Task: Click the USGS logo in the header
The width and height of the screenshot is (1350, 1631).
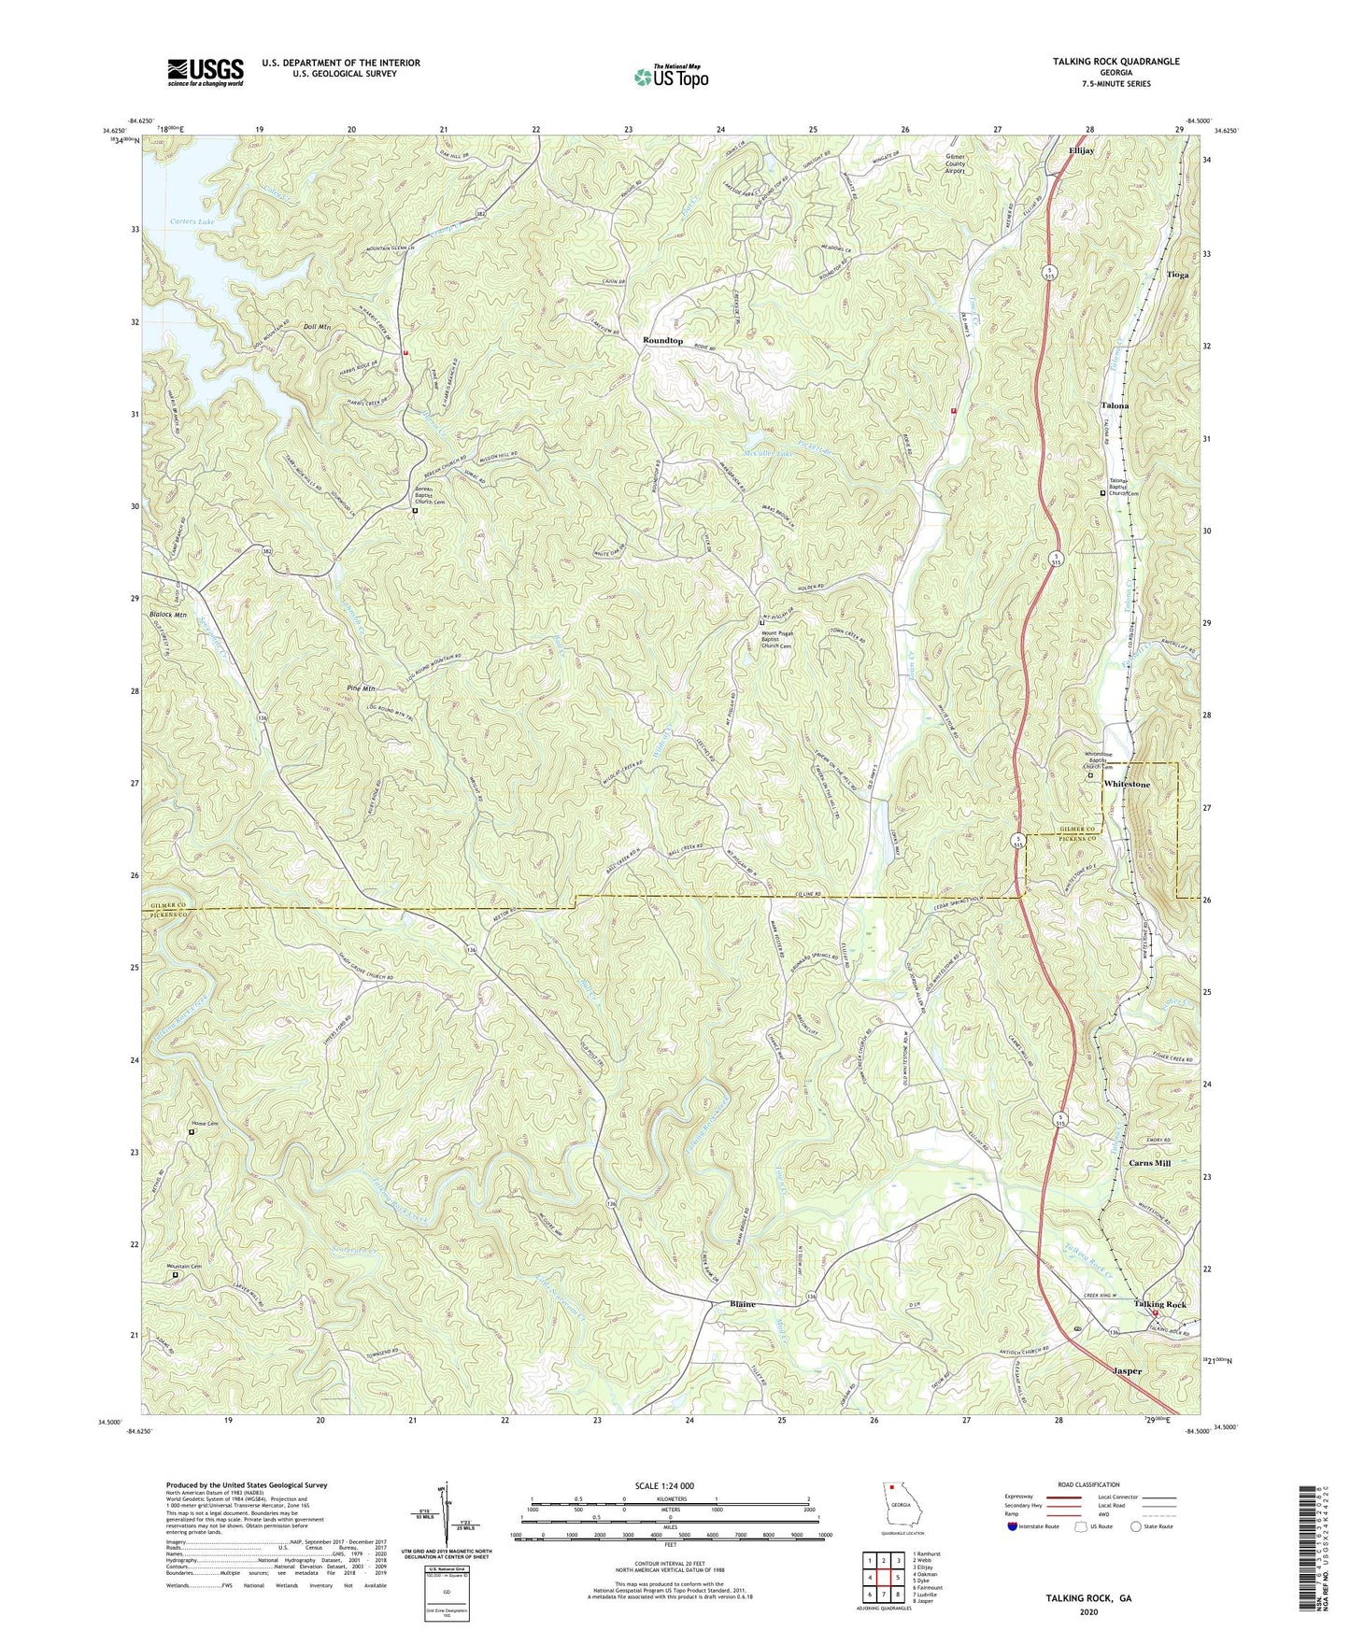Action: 206,71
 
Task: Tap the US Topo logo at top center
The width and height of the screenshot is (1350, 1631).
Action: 670,76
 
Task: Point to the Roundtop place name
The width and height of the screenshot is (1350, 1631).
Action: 662,341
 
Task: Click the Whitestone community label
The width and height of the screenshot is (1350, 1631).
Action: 1127,785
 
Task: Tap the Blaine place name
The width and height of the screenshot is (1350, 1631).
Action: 743,1304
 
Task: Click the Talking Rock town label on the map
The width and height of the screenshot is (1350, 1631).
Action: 1159,1304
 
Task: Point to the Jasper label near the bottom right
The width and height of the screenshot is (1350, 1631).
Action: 1128,1371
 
